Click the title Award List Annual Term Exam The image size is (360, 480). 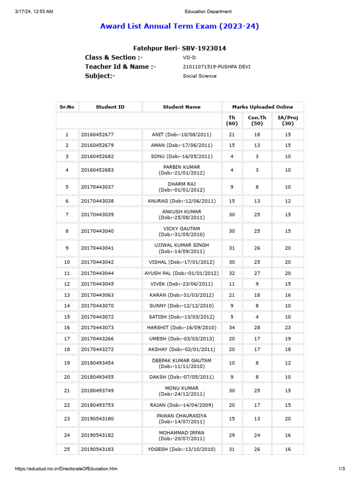[x=180, y=26]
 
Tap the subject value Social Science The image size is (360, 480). [x=200, y=76]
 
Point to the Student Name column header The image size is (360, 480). [x=181, y=107]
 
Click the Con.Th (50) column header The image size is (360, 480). [x=257, y=120]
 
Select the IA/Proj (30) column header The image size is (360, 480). [x=288, y=120]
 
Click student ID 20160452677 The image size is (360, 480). [x=97, y=135]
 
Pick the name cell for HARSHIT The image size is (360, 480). [x=181, y=328]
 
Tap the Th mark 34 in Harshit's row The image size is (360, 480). [x=232, y=328]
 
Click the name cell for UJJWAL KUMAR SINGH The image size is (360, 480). [x=181, y=248]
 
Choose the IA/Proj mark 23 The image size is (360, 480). [x=288, y=328]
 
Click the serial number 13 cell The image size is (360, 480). [x=67, y=295]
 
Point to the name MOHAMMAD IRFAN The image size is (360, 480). [x=181, y=433]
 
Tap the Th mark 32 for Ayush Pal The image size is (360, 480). [x=232, y=273]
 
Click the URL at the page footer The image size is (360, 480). [x=66, y=469]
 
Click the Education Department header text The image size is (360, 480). [x=208, y=12]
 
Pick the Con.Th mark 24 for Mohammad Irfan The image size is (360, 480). [x=257, y=435]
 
